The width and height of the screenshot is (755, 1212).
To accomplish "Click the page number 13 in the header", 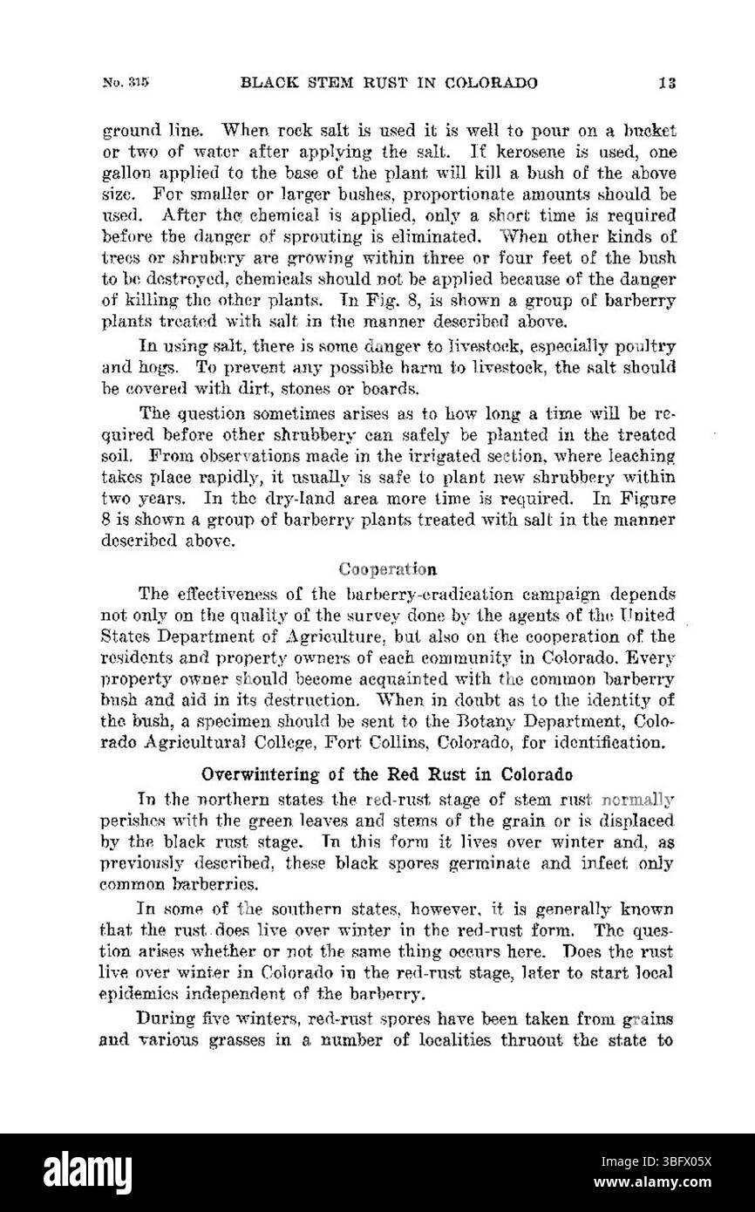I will pyautogui.click(x=669, y=84).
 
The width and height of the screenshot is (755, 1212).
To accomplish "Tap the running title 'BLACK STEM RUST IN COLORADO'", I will pyautogui.click(x=389, y=84).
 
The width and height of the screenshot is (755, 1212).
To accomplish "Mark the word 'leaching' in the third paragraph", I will pyautogui.click(x=641, y=455).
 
